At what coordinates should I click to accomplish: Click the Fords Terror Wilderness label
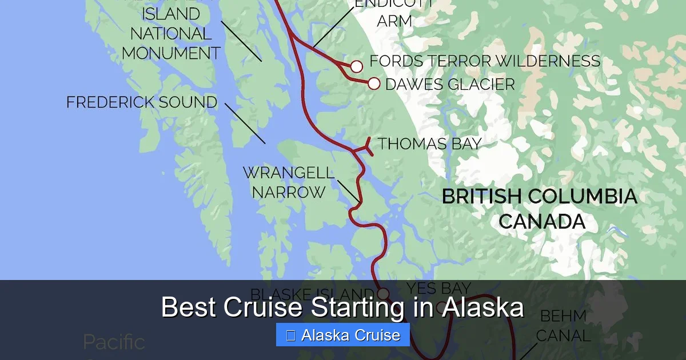[x=485, y=61]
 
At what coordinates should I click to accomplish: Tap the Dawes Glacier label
[x=450, y=85]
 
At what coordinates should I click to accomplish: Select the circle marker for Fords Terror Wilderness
[x=356, y=67]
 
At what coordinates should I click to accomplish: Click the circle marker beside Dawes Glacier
[x=374, y=84]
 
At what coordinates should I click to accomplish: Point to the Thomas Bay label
[x=429, y=143]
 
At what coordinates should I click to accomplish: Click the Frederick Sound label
[x=142, y=103]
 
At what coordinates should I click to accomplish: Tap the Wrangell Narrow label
[x=289, y=182]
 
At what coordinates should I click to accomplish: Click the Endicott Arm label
[x=394, y=13]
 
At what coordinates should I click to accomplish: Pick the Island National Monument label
[x=171, y=33]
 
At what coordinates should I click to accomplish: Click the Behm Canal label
[x=563, y=326]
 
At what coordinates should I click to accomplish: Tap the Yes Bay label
[x=438, y=288]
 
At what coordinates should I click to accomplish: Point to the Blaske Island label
[x=312, y=294]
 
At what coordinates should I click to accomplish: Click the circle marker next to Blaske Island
[x=383, y=294]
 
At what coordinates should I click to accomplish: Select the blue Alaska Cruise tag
[x=342, y=335]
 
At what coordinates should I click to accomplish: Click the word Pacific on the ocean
[x=114, y=342]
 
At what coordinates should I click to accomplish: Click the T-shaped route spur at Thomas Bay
[x=366, y=147]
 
